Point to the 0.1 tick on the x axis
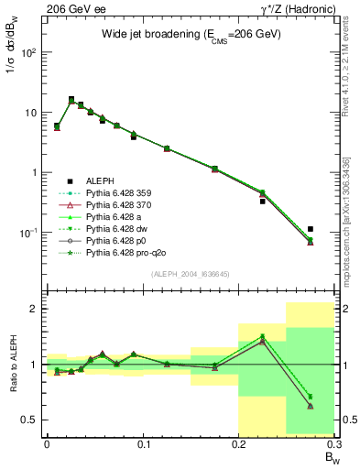point(142,445)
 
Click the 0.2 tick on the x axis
point(238,445)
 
